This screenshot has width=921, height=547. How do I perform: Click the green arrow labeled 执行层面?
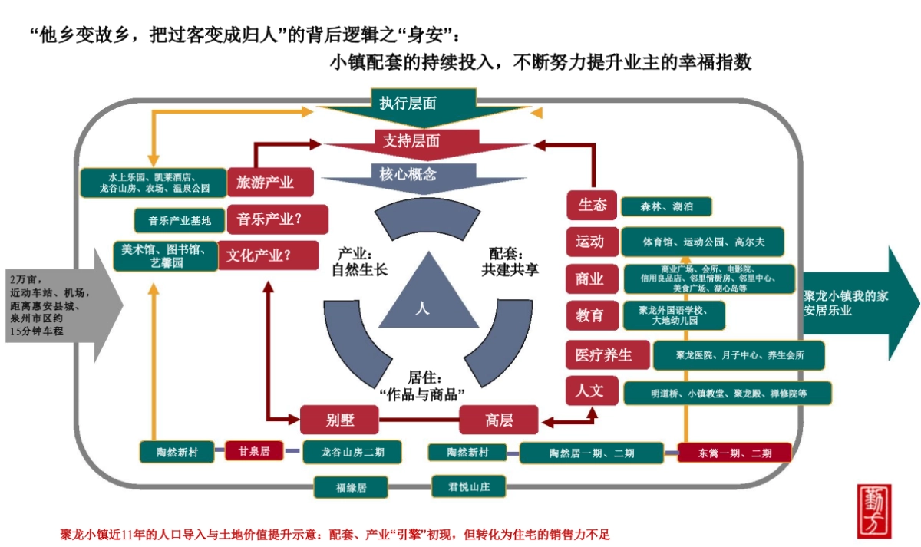pyautogui.click(x=408, y=104)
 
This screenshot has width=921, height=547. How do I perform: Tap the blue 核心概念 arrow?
pyautogui.click(x=408, y=175)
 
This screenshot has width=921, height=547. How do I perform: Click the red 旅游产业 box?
pyautogui.click(x=265, y=183)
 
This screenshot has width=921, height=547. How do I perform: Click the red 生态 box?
pyautogui.click(x=592, y=206)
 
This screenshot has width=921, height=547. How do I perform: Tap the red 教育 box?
pyautogui.click(x=590, y=315)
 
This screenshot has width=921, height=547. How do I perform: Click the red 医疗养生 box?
pyautogui.click(x=604, y=355)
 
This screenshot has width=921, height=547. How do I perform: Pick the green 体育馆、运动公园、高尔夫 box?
pyautogui.click(x=702, y=242)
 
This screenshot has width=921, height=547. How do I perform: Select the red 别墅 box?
pyautogui.click(x=341, y=420)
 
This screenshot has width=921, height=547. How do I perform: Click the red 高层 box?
pyautogui.click(x=499, y=420)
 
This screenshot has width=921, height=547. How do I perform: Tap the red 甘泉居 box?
pyautogui.click(x=254, y=451)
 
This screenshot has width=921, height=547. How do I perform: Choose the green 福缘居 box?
pyautogui.click(x=351, y=486)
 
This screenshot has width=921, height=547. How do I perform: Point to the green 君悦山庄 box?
pyautogui.click(x=458, y=486)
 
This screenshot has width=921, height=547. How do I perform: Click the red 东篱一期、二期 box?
pyautogui.click(x=734, y=453)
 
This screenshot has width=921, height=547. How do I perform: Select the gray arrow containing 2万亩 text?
pyautogui.click(x=58, y=305)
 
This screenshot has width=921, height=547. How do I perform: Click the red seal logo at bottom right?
pyautogui.click(x=874, y=511)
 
